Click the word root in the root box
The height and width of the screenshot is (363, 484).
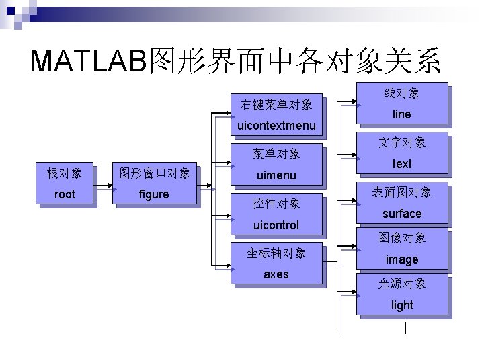point(65,194)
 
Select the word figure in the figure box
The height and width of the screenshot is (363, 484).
point(154,194)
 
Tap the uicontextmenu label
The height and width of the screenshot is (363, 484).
point(276,126)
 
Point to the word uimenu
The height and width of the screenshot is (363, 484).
point(276,175)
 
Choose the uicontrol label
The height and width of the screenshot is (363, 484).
point(276,225)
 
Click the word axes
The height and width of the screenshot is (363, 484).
point(276,274)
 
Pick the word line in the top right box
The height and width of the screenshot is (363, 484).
point(401,114)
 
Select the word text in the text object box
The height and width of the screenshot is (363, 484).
point(402,164)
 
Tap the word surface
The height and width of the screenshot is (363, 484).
point(402,214)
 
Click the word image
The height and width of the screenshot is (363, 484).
point(402,259)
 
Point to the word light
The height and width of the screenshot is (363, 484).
point(402,305)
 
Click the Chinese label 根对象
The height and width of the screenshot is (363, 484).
point(65,173)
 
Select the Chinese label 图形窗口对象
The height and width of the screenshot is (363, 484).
point(154,173)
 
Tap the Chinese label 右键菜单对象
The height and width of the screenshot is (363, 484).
point(276,104)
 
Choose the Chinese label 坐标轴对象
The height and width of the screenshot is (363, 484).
point(276,253)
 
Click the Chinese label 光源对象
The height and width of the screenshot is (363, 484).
point(402,284)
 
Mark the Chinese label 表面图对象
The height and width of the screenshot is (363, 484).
point(402,192)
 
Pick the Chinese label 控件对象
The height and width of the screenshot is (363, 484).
point(276,203)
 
